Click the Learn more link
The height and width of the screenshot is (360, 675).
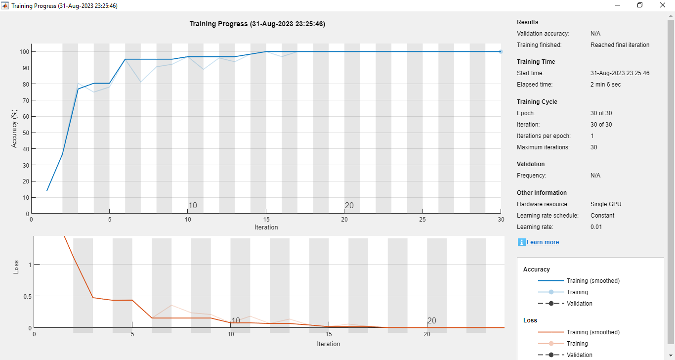(543, 242)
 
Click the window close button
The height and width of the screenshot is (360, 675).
(663, 5)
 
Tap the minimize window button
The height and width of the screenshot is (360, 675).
(618, 5)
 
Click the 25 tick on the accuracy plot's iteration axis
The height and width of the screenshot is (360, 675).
(422, 219)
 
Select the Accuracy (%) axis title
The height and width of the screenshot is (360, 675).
(15, 129)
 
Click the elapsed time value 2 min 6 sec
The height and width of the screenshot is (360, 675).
(605, 85)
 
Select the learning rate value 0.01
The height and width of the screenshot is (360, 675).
(597, 227)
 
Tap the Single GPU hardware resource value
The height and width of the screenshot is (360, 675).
(605, 204)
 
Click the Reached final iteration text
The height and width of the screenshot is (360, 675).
(620, 45)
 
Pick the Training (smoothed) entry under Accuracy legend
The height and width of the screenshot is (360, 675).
(593, 281)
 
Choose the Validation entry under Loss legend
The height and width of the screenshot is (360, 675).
(579, 355)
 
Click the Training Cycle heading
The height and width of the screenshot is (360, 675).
(537, 102)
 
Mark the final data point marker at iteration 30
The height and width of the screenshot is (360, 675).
(501, 51)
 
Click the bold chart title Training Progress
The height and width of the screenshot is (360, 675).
(257, 24)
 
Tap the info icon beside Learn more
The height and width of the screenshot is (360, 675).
(521, 242)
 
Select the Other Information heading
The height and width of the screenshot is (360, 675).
(542, 193)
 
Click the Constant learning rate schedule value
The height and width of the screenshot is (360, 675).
(602, 216)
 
